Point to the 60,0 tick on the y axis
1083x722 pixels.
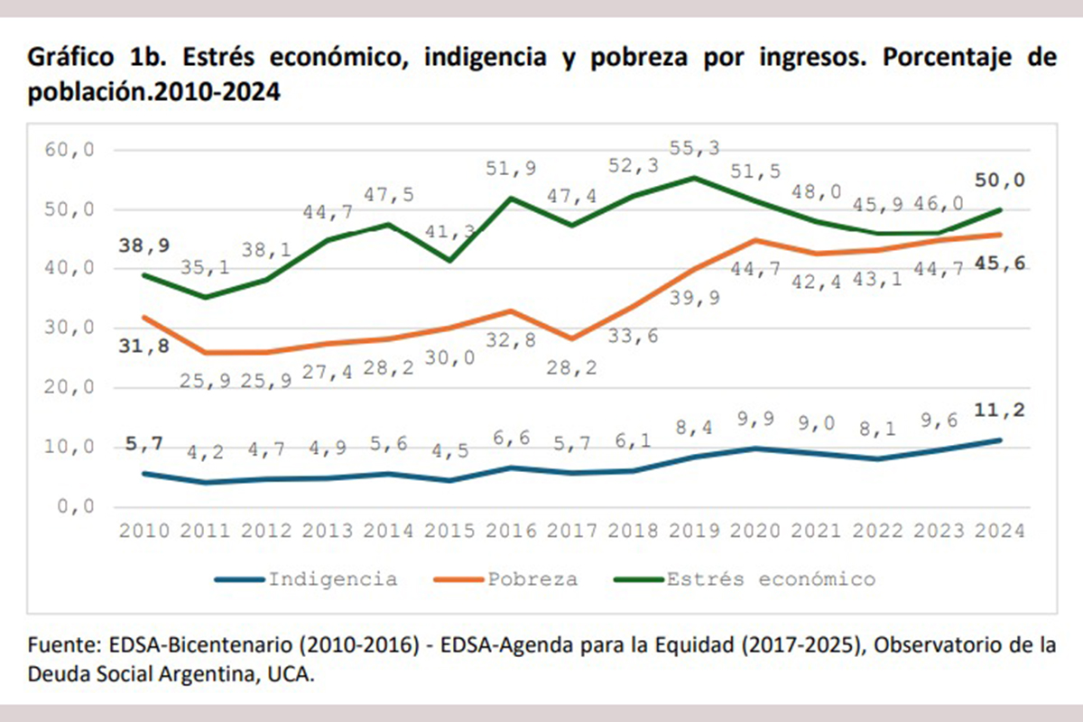click(69, 150)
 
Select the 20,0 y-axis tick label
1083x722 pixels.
click(69, 387)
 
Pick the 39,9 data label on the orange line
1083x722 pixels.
click(697, 299)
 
